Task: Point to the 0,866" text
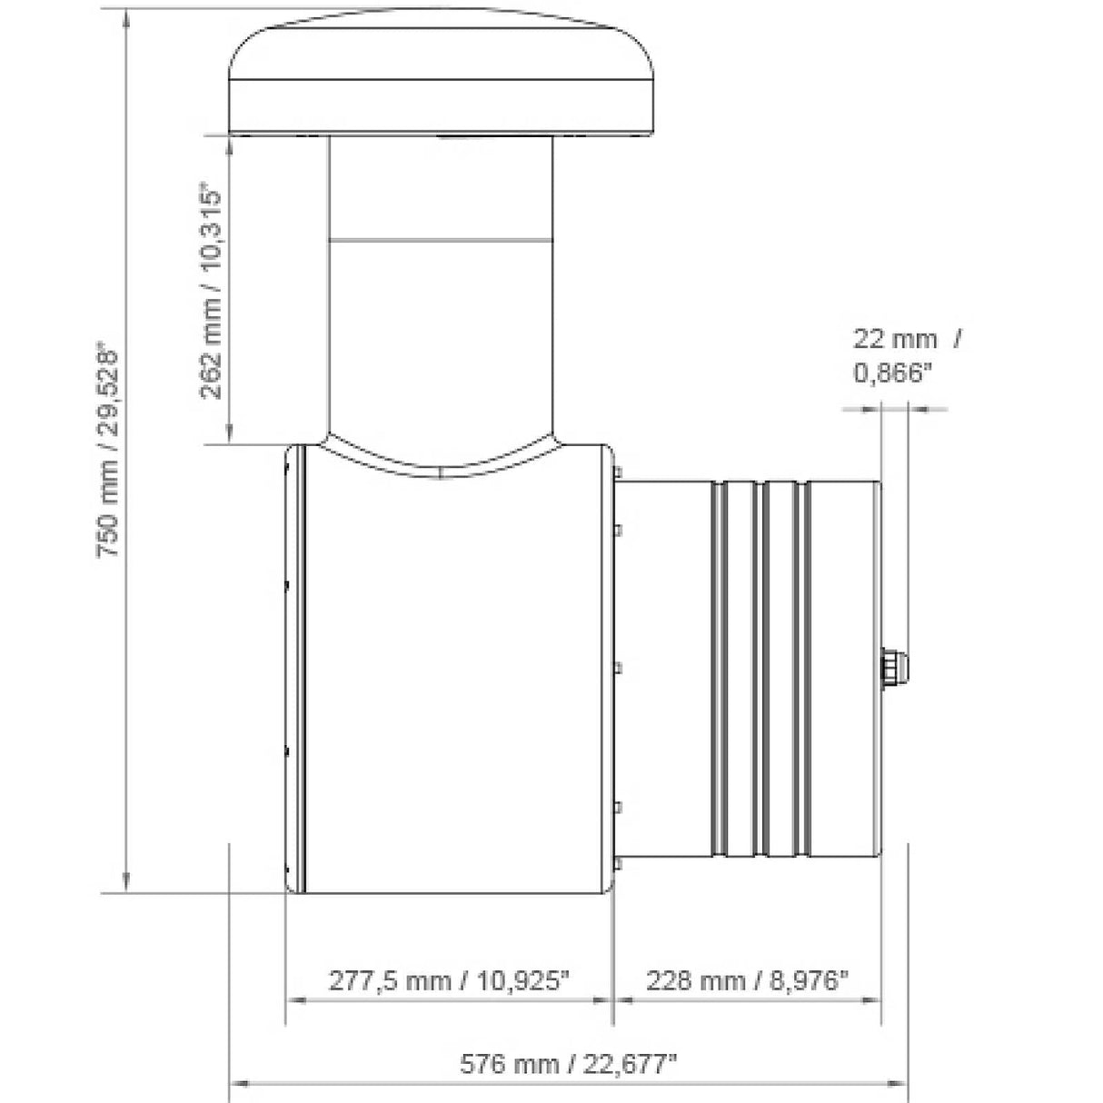[x=893, y=373]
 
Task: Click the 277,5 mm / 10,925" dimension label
[x=449, y=980]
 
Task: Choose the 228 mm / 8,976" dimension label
[x=747, y=980]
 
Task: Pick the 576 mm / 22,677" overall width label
[x=569, y=1064]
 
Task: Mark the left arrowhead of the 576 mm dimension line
[x=238, y=1083]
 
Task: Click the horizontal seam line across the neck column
[x=442, y=240]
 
